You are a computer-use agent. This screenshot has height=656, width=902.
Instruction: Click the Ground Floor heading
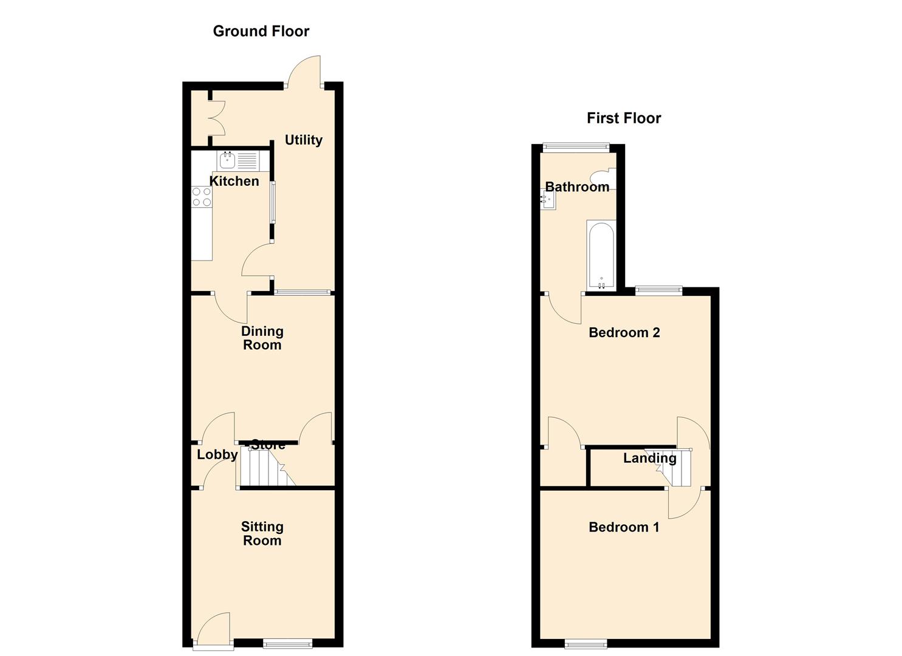tap(261, 31)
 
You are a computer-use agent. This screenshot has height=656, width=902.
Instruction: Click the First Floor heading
tap(624, 118)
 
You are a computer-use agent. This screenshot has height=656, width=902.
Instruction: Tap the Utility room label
tap(304, 140)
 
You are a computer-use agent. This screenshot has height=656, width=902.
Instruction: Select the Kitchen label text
tap(234, 181)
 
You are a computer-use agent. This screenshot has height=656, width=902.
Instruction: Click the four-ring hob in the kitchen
tap(202, 197)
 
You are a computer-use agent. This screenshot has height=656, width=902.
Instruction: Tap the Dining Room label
tap(262, 338)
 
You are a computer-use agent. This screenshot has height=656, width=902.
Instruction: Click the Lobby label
tap(217, 454)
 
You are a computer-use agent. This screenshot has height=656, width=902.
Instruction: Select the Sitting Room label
tap(262, 533)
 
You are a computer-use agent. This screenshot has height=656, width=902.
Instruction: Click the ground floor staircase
tap(266, 467)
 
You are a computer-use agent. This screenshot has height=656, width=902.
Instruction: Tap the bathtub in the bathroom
tap(601, 255)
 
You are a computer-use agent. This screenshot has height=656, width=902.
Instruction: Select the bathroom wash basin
tap(548, 199)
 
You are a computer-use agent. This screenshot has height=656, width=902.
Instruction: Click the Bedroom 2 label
tap(624, 333)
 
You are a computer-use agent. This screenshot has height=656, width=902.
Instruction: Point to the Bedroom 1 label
tap(624, 527)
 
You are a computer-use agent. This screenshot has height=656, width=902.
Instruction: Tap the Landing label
tap(649, 458)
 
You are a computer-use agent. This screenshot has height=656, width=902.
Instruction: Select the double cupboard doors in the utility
tap(217, 118)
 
